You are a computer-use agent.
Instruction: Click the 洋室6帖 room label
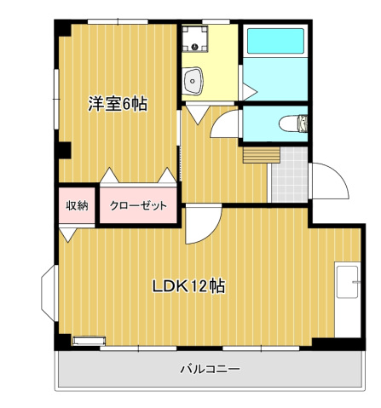pos(118,104)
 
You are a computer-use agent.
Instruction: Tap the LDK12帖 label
pos(188,286)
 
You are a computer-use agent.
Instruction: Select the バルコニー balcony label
pos(209,369)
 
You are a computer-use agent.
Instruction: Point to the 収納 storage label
pos(78,205)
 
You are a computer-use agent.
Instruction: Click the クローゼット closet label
pos(138,206)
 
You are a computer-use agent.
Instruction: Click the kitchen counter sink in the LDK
pos(348,282)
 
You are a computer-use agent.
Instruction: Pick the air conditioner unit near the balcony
pos(86,342)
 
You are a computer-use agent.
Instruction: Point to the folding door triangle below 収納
pos(67,233)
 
